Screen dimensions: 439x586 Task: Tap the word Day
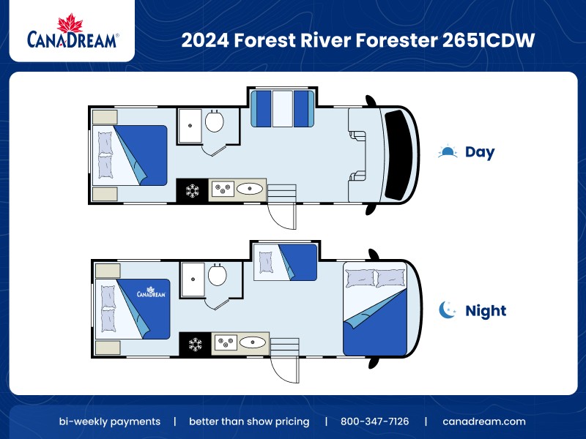click(480, 153)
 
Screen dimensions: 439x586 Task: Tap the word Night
click(486, 311)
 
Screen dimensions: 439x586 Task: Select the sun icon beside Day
click(447, 152)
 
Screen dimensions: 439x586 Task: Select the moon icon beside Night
click(448, 310)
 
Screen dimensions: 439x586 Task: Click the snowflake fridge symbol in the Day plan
click(193, 191)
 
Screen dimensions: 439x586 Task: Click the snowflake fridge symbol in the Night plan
click(196, 344)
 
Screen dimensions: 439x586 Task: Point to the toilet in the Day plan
click(214, 121)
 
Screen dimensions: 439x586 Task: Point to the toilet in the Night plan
click(217, 275)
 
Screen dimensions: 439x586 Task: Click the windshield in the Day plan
click(399, 154)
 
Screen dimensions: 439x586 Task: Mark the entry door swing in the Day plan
click(282, 216)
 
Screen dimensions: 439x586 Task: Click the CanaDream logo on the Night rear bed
click(149, 293)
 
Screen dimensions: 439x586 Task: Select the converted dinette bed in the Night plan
click(285, 262)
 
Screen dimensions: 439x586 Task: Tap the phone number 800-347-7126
click(374, 421)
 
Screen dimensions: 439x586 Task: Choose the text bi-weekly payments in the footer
click(110, 421)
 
